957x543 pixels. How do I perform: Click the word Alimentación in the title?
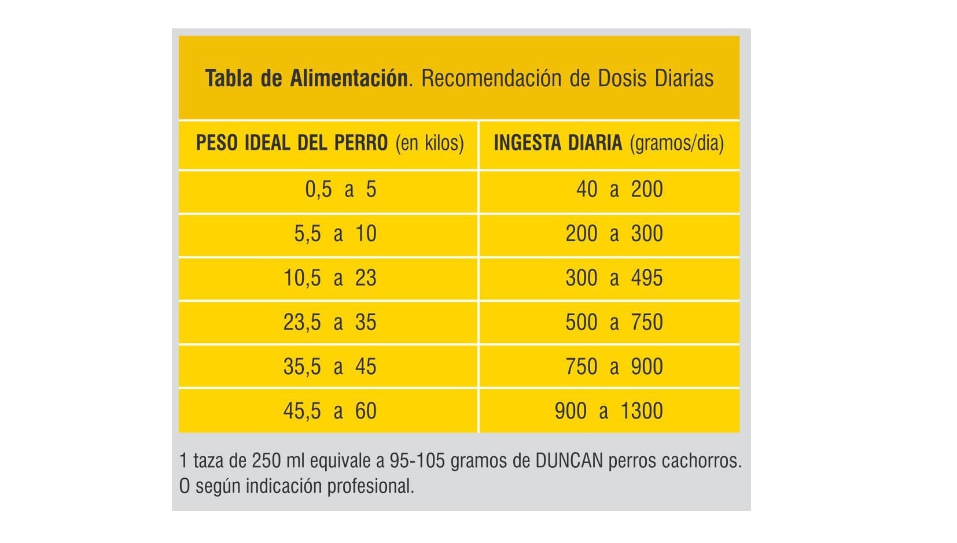pos(348,78)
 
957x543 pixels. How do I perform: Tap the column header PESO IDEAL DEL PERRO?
pos(292,143)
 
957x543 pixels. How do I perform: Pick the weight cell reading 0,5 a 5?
pos(340,190)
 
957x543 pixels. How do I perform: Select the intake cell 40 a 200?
pos(619,190)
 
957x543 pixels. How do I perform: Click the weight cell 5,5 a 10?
pos(335,234)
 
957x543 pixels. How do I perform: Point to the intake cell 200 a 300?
pos(614,234)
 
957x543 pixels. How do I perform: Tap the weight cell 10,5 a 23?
pos(330,278)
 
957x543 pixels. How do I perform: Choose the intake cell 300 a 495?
pos(614,278)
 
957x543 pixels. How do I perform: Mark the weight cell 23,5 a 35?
pos(330,323)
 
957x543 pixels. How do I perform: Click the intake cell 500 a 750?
pos(614,323)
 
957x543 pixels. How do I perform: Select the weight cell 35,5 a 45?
pos(330,367)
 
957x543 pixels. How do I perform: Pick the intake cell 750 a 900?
pos(614,367)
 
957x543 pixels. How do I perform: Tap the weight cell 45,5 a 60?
pos(330,411)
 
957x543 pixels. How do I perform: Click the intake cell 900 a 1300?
pos(609,411)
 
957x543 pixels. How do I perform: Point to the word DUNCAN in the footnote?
pos(569,461)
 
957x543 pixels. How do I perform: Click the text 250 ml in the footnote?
pos(278,461)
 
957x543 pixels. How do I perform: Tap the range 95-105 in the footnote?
pos(417,461)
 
